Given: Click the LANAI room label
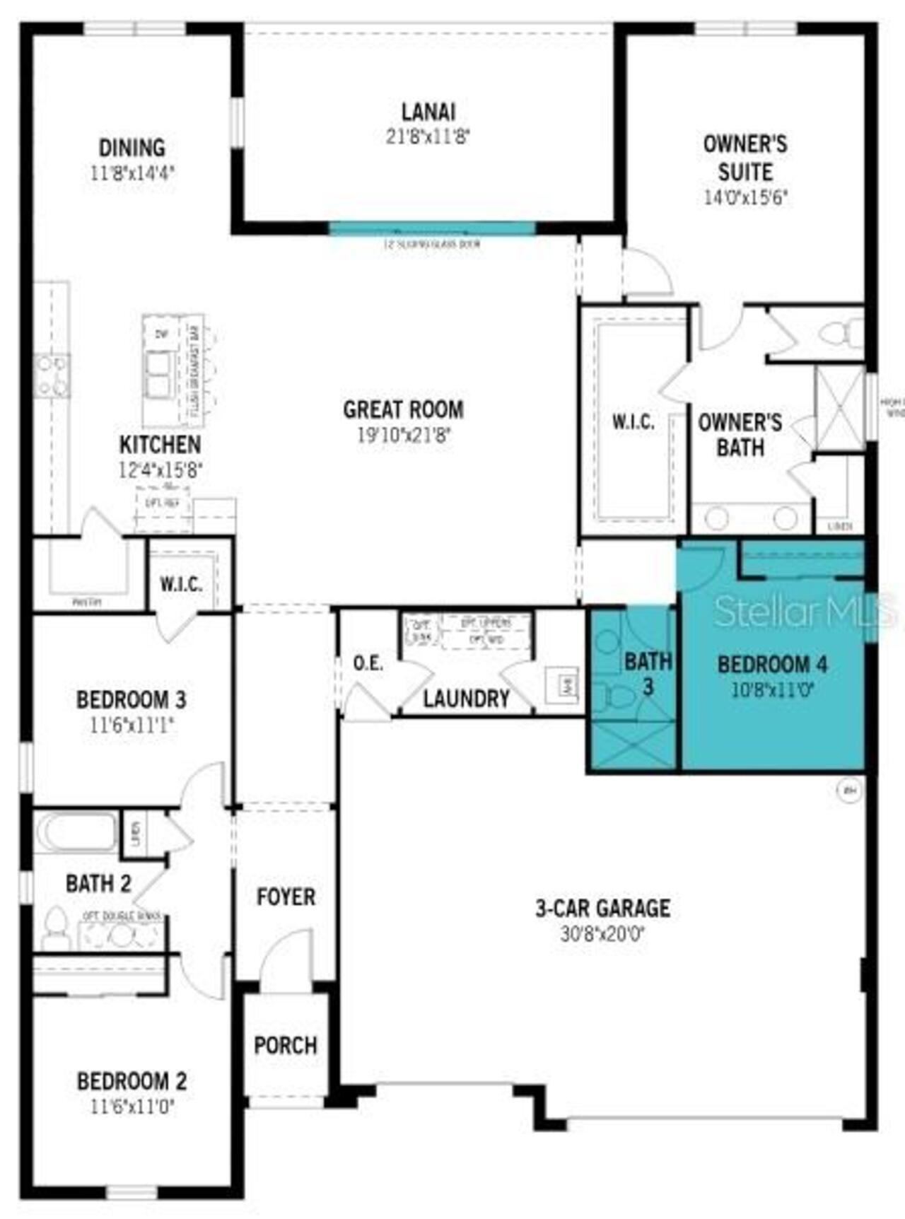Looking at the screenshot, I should [428, 112].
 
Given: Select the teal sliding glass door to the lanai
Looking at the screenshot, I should [432, 228].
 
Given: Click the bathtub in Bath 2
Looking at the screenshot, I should [76, 832].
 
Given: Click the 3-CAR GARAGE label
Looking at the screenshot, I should [602, 908].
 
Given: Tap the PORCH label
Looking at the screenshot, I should [286, 1045].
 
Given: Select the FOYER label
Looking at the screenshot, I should [286, 897].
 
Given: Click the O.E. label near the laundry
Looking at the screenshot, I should [368, 663].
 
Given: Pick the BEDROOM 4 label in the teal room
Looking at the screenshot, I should [772, 665].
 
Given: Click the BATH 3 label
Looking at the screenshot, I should [648, 673].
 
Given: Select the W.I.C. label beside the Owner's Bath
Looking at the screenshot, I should [633, 422].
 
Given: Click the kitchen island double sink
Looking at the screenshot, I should [159, 375].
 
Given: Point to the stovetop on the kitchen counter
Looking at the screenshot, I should [52, 375].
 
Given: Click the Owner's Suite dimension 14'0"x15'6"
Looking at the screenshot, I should [745, 197].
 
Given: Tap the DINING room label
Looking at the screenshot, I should [132, 148].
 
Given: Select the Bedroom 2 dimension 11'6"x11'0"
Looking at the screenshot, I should [132, 1107].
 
